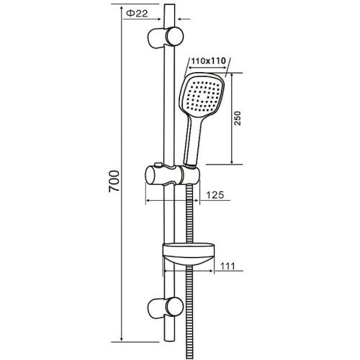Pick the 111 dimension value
(x=228, y=266)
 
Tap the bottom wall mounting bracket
(x=163, y=305)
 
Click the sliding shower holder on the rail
(x=171, y=175)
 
